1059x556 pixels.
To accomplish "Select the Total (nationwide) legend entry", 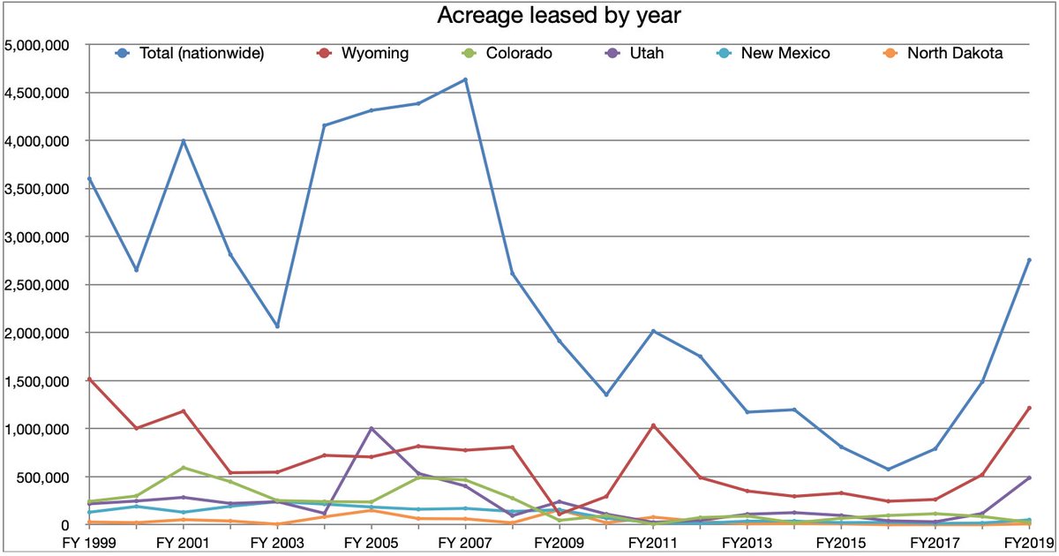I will point(193,54).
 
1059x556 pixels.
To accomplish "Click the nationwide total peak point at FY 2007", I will point(465,80).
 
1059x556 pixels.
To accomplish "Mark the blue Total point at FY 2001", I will point(184,141).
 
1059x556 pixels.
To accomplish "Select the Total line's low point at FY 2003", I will point(277,326).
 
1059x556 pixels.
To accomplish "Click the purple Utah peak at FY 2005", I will point(372,429).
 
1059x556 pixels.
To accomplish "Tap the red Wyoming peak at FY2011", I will point(653,425).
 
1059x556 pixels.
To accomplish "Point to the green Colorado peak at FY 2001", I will point(184,468).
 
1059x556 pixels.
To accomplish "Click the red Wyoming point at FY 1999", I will point(90,379).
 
